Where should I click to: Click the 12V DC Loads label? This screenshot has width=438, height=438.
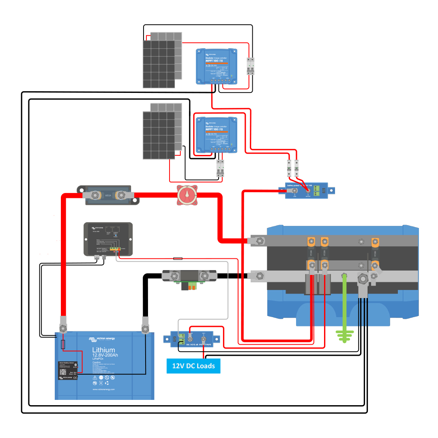click(193, 366)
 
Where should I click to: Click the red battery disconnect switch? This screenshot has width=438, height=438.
click(187, 195)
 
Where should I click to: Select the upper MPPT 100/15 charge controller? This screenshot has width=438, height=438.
click(217, 66)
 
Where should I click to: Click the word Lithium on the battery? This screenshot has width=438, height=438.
click(103, 350)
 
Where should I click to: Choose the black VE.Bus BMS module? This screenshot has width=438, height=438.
click(108, 239)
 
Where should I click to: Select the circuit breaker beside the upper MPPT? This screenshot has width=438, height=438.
click(250, 66)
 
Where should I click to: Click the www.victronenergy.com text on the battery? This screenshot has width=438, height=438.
click(103, 389)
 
